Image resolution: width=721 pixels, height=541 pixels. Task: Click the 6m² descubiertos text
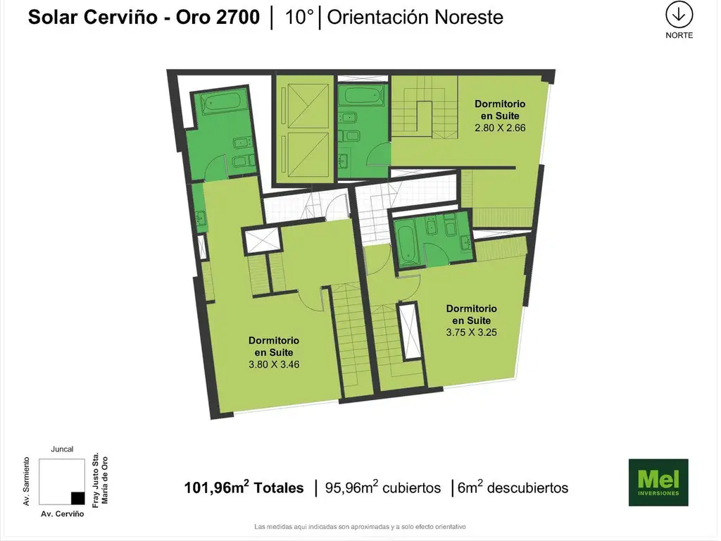tap(513, 487)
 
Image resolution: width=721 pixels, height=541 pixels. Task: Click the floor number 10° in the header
tap(299, 17)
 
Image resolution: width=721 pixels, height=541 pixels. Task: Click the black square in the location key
tap(77, 498)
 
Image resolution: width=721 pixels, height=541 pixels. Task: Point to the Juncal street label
tap(62, 449)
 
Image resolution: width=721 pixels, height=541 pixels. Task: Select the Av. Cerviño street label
tap(62, 514)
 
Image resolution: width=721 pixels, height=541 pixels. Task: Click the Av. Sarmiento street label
tap(26, 481)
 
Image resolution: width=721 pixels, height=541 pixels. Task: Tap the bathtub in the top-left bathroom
tap(222, 102)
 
